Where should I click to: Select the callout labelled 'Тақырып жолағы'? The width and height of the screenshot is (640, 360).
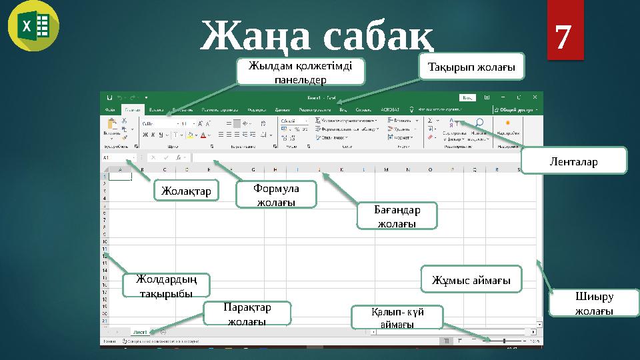click(x=471, y=67)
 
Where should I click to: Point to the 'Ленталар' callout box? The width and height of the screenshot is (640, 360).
click(x=573, y=161)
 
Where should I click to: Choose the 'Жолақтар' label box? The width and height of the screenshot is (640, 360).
click(x=186, y=191)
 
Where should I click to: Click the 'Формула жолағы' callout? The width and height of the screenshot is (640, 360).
click(x=277, y=195)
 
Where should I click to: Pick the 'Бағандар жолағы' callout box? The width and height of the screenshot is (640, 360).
click(x=397, y=216)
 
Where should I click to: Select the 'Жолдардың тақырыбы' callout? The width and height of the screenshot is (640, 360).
click(x=166, y=285)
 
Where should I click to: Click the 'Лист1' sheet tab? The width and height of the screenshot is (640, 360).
click(x=141, y=331)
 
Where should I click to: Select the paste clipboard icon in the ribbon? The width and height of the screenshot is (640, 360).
click(x=111, y=126)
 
